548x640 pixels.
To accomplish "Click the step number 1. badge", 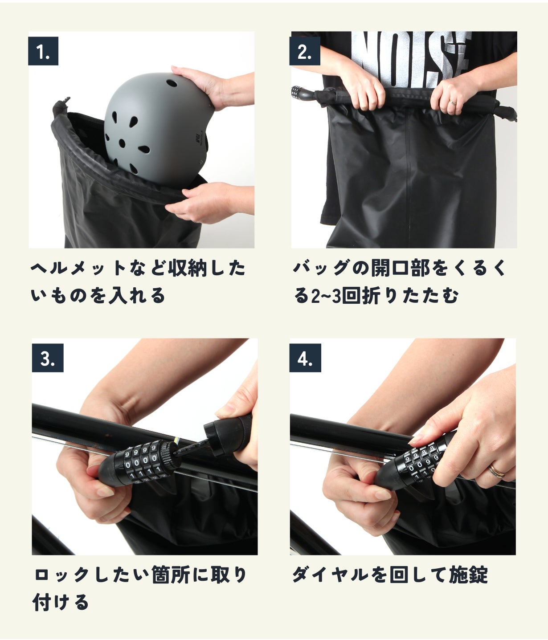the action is point(43,51).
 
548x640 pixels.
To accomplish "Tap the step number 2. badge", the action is point(304,51).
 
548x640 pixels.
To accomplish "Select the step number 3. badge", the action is point(48,358).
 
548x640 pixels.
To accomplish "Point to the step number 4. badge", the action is point(305,358).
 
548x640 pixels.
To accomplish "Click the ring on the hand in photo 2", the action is point(453,103).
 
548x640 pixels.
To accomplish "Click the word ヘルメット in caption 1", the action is point(78,268).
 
